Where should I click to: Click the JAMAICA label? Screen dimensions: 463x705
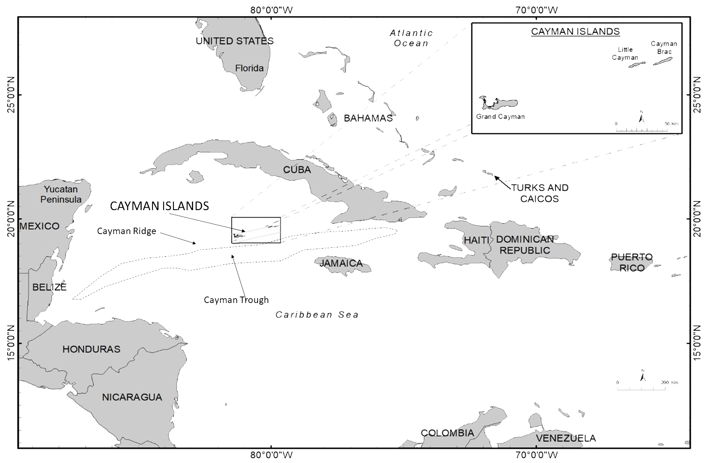[x=341, y=263]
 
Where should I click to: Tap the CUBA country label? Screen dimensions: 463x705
[x=297, y=169]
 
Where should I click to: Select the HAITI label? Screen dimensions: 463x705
[x=476, y=240]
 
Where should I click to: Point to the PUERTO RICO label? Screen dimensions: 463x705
[x=632, y=262]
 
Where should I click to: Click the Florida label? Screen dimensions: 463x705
[x=250, y=68]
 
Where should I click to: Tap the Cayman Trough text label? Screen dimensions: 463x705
[x=236, y=300]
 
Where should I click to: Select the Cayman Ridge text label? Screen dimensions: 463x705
[x=126, y=231]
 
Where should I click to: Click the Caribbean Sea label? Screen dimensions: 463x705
[x=317, y=315]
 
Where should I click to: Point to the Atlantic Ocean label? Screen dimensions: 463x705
[x=411, y=38]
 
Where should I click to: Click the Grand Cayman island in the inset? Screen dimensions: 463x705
[x=500, y=103]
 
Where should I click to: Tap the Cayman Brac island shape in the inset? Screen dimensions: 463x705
[x=662, y=61]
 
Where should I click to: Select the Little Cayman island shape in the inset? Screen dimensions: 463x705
[x=637, y=65]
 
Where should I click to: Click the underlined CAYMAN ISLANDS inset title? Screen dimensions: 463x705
[x=575, y=31]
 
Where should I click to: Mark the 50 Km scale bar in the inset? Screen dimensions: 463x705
[x=642, y=129]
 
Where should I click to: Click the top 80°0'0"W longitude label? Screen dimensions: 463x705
[x=271, y=9]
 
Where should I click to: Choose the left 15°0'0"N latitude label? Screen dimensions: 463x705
[x=10, y=343]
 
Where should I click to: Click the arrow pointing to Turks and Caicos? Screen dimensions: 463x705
[x=502, y=182]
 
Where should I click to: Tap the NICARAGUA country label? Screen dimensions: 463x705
[x=132, y=397]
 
